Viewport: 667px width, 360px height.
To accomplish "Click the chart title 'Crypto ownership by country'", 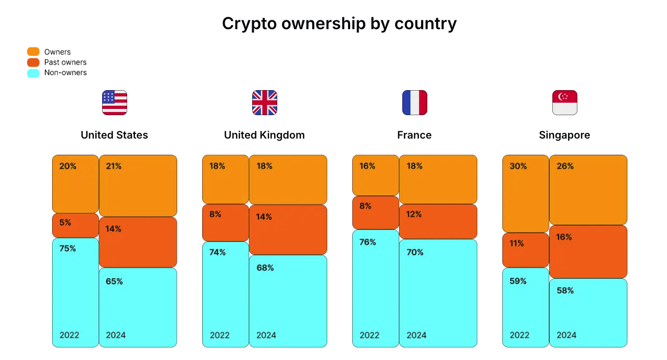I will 339,23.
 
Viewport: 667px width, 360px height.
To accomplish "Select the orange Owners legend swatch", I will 33,52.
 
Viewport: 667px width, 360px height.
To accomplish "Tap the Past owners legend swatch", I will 33,62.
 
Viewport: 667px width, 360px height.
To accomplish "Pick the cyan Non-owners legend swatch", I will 33,73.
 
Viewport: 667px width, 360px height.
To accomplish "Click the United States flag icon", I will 115,103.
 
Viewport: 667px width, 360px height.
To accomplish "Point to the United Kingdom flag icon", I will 265,103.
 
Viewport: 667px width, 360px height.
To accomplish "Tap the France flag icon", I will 415,103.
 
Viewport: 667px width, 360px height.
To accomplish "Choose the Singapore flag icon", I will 565,103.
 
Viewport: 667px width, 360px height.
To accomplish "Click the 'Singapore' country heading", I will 564,135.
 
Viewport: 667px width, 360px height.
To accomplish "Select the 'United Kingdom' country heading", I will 264,135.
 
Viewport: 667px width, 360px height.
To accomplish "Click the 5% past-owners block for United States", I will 76,226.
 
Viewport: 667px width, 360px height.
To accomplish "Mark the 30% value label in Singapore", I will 518,166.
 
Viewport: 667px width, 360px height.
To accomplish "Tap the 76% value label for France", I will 368,242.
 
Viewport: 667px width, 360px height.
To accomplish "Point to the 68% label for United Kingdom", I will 265,268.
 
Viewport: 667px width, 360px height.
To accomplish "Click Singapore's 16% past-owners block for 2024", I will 588,252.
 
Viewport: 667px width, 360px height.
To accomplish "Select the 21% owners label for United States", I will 114,166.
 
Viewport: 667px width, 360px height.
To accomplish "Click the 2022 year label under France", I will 369,335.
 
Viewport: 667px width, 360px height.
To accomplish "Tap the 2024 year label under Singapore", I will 566,335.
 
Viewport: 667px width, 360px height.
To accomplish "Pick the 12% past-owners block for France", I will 438,221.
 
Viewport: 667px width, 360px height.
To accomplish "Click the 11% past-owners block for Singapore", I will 526,250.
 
